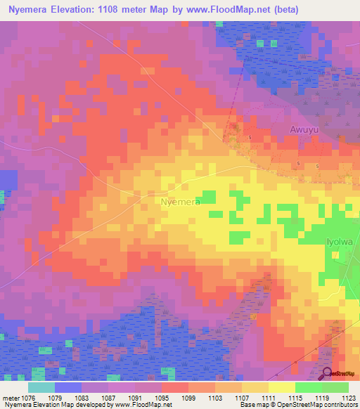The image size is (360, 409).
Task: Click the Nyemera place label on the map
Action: tap(181, 202)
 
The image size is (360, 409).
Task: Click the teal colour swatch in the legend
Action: tap(41, 387)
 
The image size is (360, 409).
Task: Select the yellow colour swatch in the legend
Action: tap(281, 387)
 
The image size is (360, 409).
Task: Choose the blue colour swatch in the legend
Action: tap(67, 387)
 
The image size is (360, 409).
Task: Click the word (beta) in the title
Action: tap(284, 10)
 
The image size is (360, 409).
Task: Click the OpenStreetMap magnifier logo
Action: tap(328, 373)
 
